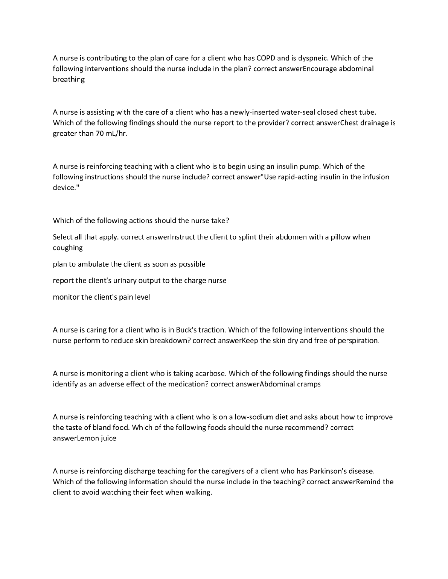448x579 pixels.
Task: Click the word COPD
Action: (x=266, y=58)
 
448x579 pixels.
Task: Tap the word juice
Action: (x=108, y=438)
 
